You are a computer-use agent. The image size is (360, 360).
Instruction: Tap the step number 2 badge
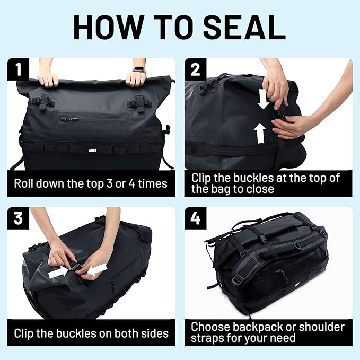click(x=195, y=69)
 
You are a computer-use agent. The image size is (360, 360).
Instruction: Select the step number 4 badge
click(x=195, y=218)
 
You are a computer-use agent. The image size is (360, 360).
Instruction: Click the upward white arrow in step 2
click(x=260, y=133)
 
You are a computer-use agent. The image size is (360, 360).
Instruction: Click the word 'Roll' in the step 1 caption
click(x=25, y=184)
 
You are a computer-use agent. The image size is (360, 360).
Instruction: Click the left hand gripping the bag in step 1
click(x=48, y=80)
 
